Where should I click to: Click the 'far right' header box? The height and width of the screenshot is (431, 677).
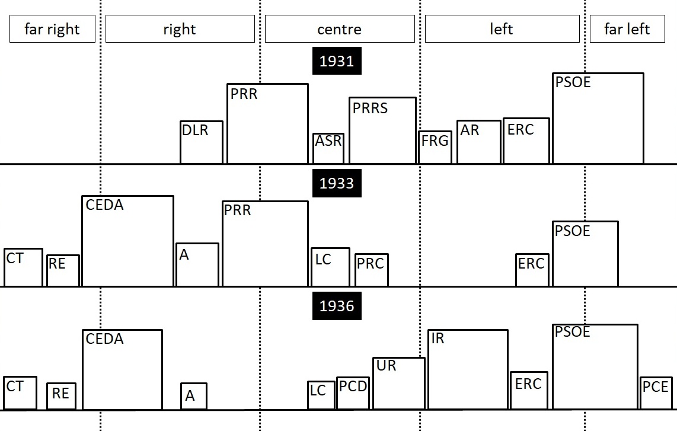pos(52,29)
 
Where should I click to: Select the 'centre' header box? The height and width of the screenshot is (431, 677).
pos(340,29)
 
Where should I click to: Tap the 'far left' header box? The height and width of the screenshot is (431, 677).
pos(627,29)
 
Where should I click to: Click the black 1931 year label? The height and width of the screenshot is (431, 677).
pos(337,61)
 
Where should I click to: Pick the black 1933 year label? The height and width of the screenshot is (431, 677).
pos(337,183)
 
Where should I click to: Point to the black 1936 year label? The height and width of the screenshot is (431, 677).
pos(337,306)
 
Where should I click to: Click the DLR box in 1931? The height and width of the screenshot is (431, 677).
pos(202,142)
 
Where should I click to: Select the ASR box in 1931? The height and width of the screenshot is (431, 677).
pos(328,149)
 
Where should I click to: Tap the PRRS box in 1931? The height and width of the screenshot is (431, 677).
pos(382,131)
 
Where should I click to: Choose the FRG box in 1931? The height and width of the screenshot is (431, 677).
pos(435,148)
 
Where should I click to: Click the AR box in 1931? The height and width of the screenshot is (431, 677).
pos(479,142)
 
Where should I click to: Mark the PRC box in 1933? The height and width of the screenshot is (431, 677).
pos(372,270)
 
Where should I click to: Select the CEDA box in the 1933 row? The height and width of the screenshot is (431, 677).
pos(128,241)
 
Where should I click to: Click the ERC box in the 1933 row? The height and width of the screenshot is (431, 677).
pos(532,270)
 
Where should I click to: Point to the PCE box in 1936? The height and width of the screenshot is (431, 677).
pos(656,393)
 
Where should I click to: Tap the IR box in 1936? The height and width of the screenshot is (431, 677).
pos(468,370)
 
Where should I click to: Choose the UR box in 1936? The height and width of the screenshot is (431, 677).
pos(399,384)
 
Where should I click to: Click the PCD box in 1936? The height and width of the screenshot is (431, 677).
pos(353,394)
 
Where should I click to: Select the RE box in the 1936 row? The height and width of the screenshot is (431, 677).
pos(61,397)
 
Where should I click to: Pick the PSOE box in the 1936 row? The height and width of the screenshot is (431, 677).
pos(595,367)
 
